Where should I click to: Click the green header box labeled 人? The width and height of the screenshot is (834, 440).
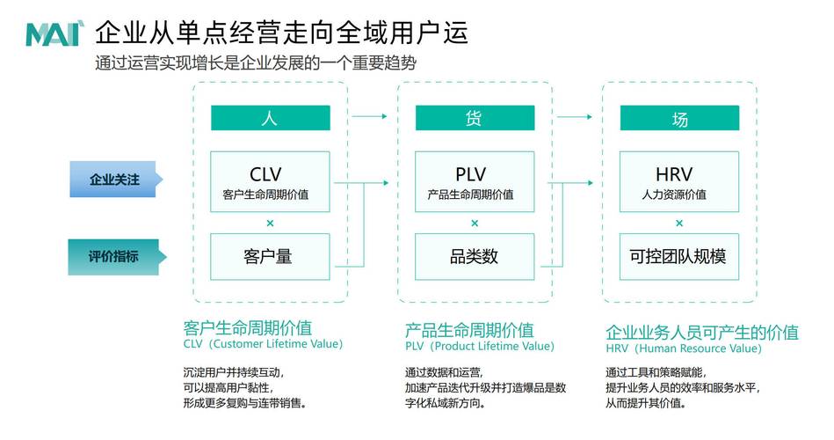tap(270, 119)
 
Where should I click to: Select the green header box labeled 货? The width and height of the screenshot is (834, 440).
tap(475, 119)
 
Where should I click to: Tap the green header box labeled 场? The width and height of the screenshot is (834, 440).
tap(679, 119)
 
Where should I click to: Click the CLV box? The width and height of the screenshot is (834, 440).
tap(270, 181)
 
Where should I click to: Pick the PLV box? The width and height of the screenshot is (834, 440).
tap(475, 181)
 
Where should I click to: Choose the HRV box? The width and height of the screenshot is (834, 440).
tap(679, 181)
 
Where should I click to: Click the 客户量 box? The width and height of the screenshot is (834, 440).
tap(270, 257)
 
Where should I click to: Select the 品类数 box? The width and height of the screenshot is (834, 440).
tap(475, 257)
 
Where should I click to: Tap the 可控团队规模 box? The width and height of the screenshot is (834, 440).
tap(679, 257)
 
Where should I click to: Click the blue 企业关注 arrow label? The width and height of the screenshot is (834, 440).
tap(115, 180)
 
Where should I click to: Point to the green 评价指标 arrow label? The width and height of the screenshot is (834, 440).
tap(115, 257)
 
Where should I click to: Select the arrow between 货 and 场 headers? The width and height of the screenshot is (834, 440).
tap(577, 115)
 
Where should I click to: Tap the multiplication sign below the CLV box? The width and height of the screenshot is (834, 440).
tap(270, 224)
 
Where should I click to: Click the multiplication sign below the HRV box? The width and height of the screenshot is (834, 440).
tap(679, 224)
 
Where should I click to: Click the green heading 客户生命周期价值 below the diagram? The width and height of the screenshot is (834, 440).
tap(247, 328)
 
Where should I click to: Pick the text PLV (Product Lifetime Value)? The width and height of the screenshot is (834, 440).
tap(479, 347)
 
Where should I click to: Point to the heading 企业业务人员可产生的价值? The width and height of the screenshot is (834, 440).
tap(701, 332)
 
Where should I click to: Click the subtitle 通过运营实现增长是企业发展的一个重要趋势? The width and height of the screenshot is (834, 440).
tap(255, 63)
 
